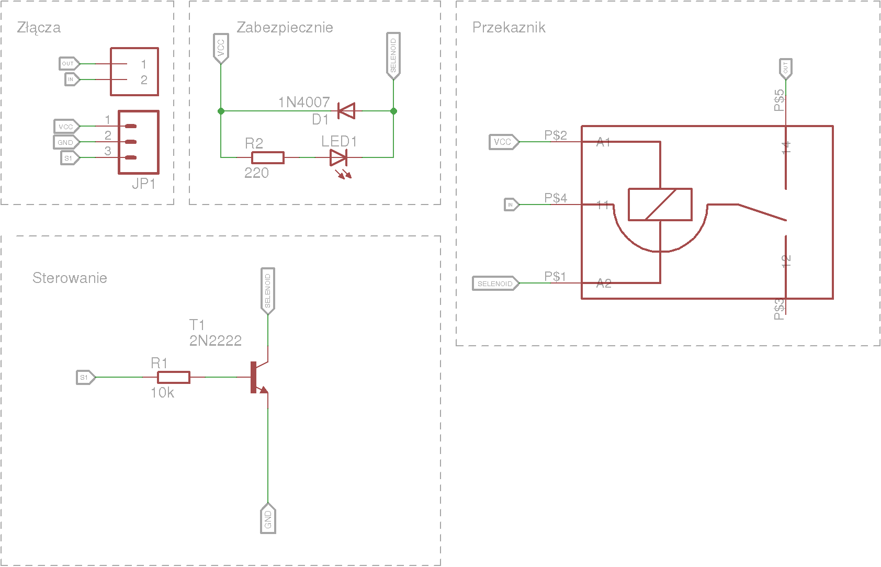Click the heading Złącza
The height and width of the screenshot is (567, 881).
pyautogui.click(x=39, y=28)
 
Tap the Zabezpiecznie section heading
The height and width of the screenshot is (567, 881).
pyautogui.click(x=285, y=28)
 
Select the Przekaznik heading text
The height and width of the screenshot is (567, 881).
pyautogui.click(x=509, y=28)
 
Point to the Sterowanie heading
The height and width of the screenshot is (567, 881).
pyautogui.click(x=70, y=278)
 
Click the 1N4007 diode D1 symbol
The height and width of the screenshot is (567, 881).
pyautogui.click(x=346, y=111)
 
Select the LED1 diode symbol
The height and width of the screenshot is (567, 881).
pyautogui.click(x=338, y=157)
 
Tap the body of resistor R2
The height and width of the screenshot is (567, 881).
pyautogui.click(x=268, y=157)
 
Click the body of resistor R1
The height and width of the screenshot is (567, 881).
pyautogui.click(x=174, y=377)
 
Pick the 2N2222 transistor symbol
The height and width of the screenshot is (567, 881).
pyautogui.click(x=257, y=377)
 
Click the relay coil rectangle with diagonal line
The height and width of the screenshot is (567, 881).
pyautogui.click(x=660, y=205)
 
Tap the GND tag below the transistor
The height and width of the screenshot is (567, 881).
pyautogui.click(x=268, y=519)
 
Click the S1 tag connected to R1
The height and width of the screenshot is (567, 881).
pyautogui.click(x=85, y=377)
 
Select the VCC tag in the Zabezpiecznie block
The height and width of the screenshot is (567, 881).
pyautogui.click(x=221, y=48)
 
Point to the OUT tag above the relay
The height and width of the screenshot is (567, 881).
pyautogui.click(x=785, y=69)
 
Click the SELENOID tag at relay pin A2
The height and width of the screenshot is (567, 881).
pyautogui.click(x=495, y=283)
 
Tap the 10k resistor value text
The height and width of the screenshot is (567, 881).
pyautogui.click(x=162, y=393)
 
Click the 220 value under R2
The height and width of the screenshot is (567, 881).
pyautogui.click(x=256, y=173)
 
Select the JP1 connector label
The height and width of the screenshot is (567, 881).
pyautogui.click(x=143, y=184)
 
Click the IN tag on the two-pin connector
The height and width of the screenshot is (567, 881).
pyautogui.click(x=71, y=80)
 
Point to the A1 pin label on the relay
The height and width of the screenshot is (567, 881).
pyautogui.click(x=603, y=142)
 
